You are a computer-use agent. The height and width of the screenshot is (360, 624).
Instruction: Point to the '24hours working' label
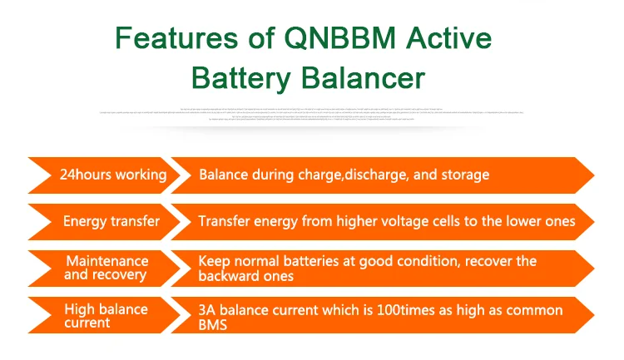(113, 175)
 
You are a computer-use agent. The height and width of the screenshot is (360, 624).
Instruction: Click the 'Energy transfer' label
(111, 221)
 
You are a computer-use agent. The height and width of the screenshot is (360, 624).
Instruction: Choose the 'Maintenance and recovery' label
(106, 268)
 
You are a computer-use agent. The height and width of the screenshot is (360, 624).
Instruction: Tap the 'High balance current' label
(106, 315)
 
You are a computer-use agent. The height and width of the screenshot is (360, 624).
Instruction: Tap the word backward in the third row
(230, 276)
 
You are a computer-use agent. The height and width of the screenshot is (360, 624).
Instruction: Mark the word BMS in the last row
(213, 325)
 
